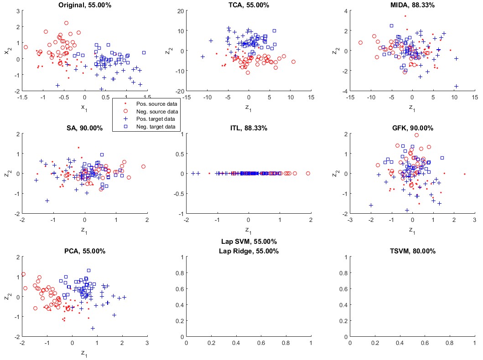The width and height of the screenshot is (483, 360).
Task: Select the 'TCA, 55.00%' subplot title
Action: [249, 5]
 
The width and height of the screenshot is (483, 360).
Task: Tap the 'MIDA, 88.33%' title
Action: [412, 5]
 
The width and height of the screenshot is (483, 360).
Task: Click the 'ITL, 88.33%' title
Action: [249, 128]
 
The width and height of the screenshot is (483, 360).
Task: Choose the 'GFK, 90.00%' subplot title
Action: [412, 128]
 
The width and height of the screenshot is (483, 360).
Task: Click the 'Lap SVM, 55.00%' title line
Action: [249, 242]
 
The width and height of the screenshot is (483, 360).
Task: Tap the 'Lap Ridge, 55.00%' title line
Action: [249, 251]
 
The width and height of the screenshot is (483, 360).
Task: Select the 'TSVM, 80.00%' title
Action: [412, 251]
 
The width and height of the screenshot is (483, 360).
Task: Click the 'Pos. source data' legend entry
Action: [155, 103]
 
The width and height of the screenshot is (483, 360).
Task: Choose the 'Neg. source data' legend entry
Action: [155, 111]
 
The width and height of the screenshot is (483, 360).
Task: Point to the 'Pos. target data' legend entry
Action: [155, 119]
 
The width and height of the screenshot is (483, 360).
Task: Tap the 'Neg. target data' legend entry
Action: [155, 127]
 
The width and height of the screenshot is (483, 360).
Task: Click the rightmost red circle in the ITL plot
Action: [308, 173]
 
